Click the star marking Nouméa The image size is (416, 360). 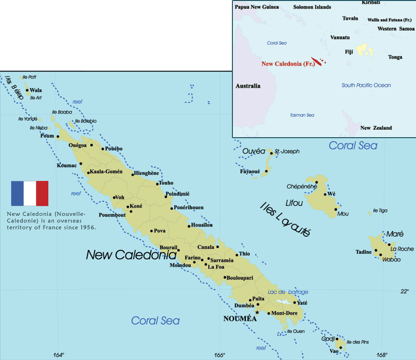coord(258,312)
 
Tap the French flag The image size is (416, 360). coord(30,193)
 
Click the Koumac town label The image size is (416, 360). coord(66,165)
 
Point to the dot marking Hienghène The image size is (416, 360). coord(133,174)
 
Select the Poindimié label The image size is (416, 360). coord(178,193)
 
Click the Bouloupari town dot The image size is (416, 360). coord(225,278)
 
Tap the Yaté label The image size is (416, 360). coord(302,303)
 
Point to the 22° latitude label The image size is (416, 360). coord(405,291)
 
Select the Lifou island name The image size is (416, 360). coord(294,203)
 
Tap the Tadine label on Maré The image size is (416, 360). coord(364,252)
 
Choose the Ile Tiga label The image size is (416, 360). coord(380,211)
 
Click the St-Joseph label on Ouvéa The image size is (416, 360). coord(287,152)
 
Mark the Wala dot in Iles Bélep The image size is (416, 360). coord(27,90)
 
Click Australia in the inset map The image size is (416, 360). coord(248,86)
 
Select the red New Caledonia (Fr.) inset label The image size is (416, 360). coord(288,64)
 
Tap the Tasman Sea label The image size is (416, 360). coord(302,115)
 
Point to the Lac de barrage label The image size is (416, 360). coord(288,292)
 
